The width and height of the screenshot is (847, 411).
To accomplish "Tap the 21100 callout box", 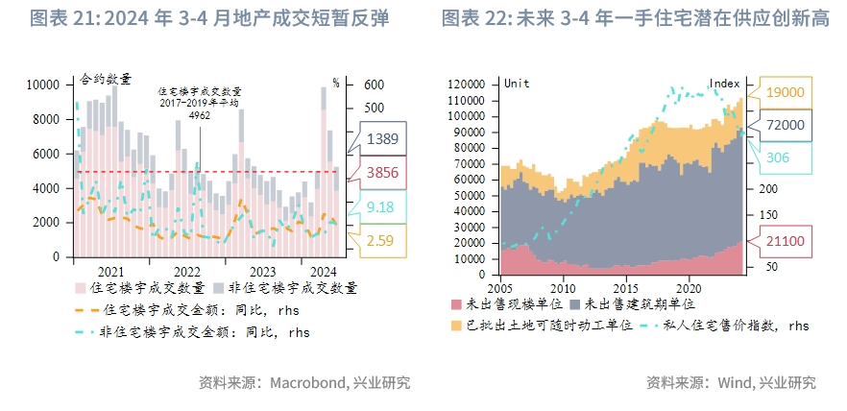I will click(x=786, y=243).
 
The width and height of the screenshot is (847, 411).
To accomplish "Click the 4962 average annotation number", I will click(x=200, y=115).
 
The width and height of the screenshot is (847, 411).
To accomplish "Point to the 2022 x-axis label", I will click(x=186, y=272).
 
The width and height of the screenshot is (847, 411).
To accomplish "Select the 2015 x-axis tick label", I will click(x=625, y=287).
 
